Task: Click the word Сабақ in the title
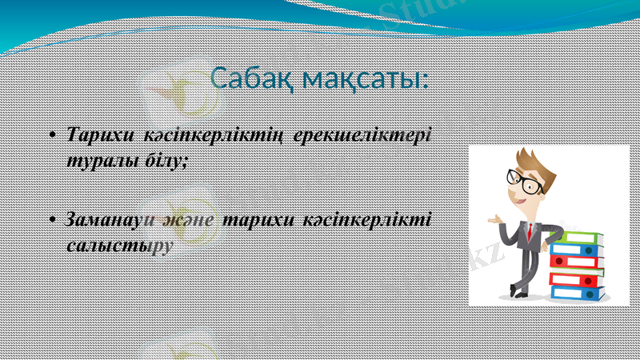click(x=260, y=80)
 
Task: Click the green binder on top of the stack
click(x=578, y=238)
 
